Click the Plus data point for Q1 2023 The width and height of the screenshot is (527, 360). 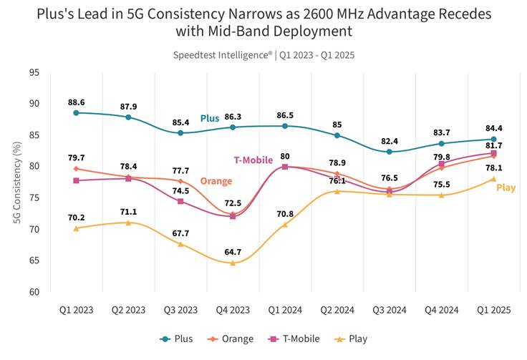click(77, 113)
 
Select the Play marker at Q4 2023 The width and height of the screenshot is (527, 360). click(233, 263)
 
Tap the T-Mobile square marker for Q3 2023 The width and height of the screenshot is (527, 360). click(180, 202)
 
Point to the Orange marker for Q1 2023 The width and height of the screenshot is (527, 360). click(77, 169)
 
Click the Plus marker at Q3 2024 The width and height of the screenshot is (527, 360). click(390, 152)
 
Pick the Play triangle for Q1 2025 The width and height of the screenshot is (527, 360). click(494, 179)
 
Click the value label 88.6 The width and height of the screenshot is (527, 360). click(77, 102)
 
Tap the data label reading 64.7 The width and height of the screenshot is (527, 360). click(233, 252)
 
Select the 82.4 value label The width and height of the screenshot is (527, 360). click(390, 142)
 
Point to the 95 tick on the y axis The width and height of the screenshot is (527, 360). click(34, 72)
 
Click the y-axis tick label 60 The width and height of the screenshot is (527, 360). click(34, 292)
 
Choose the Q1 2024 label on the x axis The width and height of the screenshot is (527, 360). click(285, 310)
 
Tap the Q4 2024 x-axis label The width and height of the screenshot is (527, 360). click(442, 310)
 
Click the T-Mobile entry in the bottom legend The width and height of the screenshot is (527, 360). click(294, 339)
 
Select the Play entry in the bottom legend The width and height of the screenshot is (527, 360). click(351, 339)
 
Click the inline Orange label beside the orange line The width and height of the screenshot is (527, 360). click(216, 181)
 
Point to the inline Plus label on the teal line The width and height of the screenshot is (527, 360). click(210, 119)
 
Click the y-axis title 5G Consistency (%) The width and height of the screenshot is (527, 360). click(17, 183)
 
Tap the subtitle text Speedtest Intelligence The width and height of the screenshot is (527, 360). click(223, 55)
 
